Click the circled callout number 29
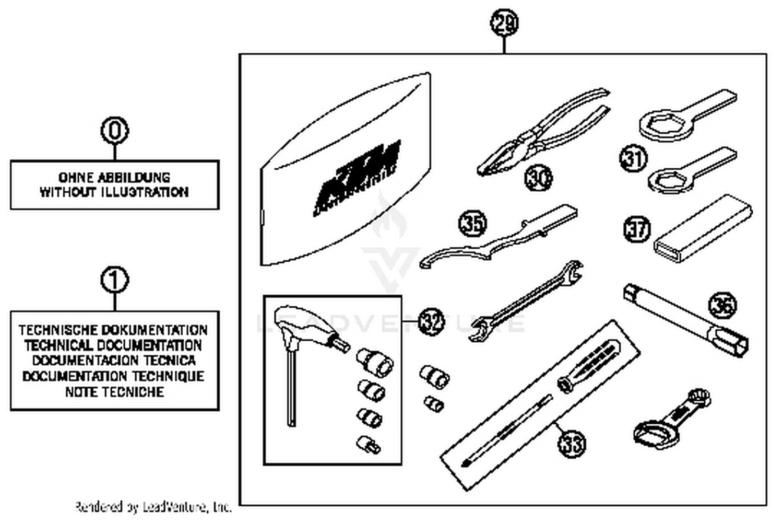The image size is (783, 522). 504,24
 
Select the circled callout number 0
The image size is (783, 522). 114,130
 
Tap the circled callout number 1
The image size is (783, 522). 114,281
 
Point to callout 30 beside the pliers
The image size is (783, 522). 538,178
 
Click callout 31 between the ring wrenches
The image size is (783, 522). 633,158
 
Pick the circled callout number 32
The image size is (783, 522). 431,321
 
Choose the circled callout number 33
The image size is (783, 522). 572,444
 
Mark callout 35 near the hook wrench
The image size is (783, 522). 472,223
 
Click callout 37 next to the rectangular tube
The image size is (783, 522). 637,229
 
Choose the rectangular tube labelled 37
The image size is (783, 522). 702,230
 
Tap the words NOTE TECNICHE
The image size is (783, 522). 114,392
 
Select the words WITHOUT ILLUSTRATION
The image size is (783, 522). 114,192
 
